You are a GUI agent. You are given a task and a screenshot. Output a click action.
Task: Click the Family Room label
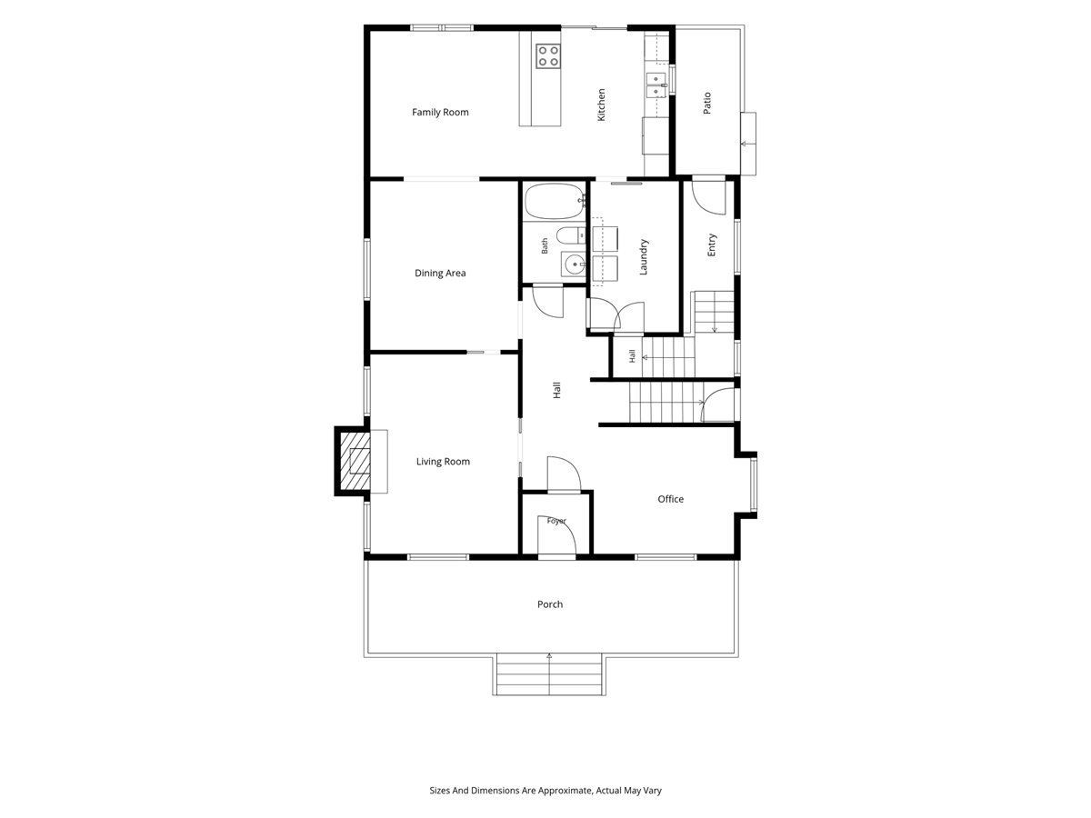(x=440, y=112)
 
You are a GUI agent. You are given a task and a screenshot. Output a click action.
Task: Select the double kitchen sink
(x=657, y=85)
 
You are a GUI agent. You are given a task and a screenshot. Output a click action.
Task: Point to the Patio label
(x=706, y=103)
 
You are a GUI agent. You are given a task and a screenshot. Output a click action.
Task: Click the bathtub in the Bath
(x=555, y=201)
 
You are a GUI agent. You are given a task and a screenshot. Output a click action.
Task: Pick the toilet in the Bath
(x=571, y=235)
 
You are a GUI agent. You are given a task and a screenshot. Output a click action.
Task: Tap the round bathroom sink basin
(x=574, y=264)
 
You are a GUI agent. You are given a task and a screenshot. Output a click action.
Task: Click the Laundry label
(x=643, y=257)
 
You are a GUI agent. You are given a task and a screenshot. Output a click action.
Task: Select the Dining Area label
(x=440, y=273)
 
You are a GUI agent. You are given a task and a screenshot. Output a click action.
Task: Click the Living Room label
(x=443, y=462)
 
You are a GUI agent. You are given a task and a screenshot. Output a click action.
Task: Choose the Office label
(x=670, y=499)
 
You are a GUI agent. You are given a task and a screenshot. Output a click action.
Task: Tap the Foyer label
(x=556, y=521)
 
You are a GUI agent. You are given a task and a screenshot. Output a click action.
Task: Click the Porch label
(x=550, y=604)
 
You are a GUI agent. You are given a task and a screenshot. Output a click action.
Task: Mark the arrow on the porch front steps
(x=549, y=674)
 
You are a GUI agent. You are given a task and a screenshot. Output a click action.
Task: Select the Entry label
(x=711, y=244)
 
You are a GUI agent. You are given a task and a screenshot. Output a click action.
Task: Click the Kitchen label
(x=601, y=105)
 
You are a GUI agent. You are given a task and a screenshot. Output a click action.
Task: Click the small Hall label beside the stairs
(x=632, y=356)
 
